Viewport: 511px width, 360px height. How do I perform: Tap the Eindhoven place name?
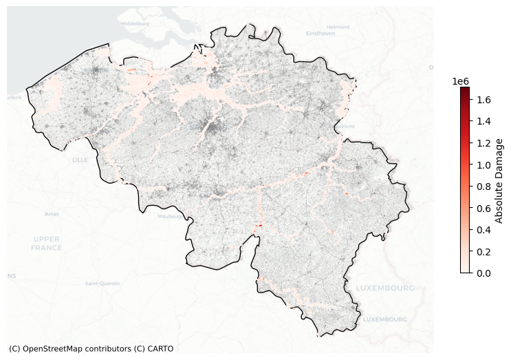pos(320,33)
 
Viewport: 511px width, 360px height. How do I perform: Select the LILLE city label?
pos(80,160)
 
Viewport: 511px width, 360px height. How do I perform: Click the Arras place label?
pos(52,214)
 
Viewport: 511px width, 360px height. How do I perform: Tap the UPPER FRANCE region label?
pos(47,243)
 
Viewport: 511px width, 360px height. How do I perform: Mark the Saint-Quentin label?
pos(102,283)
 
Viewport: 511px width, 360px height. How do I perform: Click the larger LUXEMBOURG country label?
pos(384,288)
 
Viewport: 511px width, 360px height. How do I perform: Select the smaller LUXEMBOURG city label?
pos(384,319)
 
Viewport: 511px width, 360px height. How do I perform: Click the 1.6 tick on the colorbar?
pos(483,100)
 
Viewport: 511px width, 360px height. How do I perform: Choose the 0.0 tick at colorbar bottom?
pos(483,273)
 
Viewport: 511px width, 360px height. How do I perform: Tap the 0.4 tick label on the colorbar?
pos(483,230)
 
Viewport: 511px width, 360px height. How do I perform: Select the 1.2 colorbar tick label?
pos(483,144)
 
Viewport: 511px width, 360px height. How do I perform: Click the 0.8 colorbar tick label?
pos(483,187)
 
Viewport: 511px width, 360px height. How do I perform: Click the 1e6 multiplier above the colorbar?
pos(461,81)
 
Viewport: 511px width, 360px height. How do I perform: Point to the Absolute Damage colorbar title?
pos(500,180)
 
